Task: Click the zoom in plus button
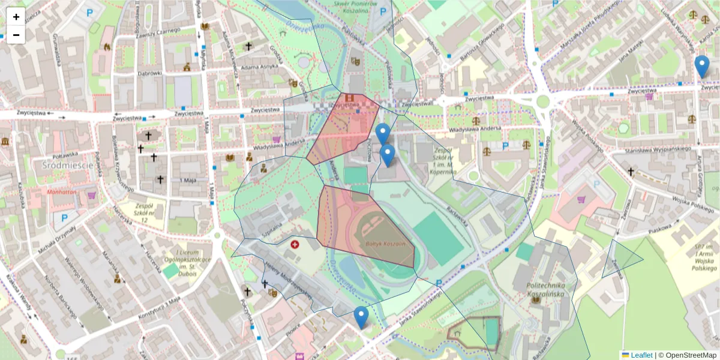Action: [16, 17]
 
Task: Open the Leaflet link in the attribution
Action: [641, 355]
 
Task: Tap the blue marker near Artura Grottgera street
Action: [701, 67]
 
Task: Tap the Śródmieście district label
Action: [67, 164]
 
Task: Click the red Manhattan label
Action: [62, 192]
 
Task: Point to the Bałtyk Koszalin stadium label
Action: [386, 245]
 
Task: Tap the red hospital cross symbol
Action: [295, 244]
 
